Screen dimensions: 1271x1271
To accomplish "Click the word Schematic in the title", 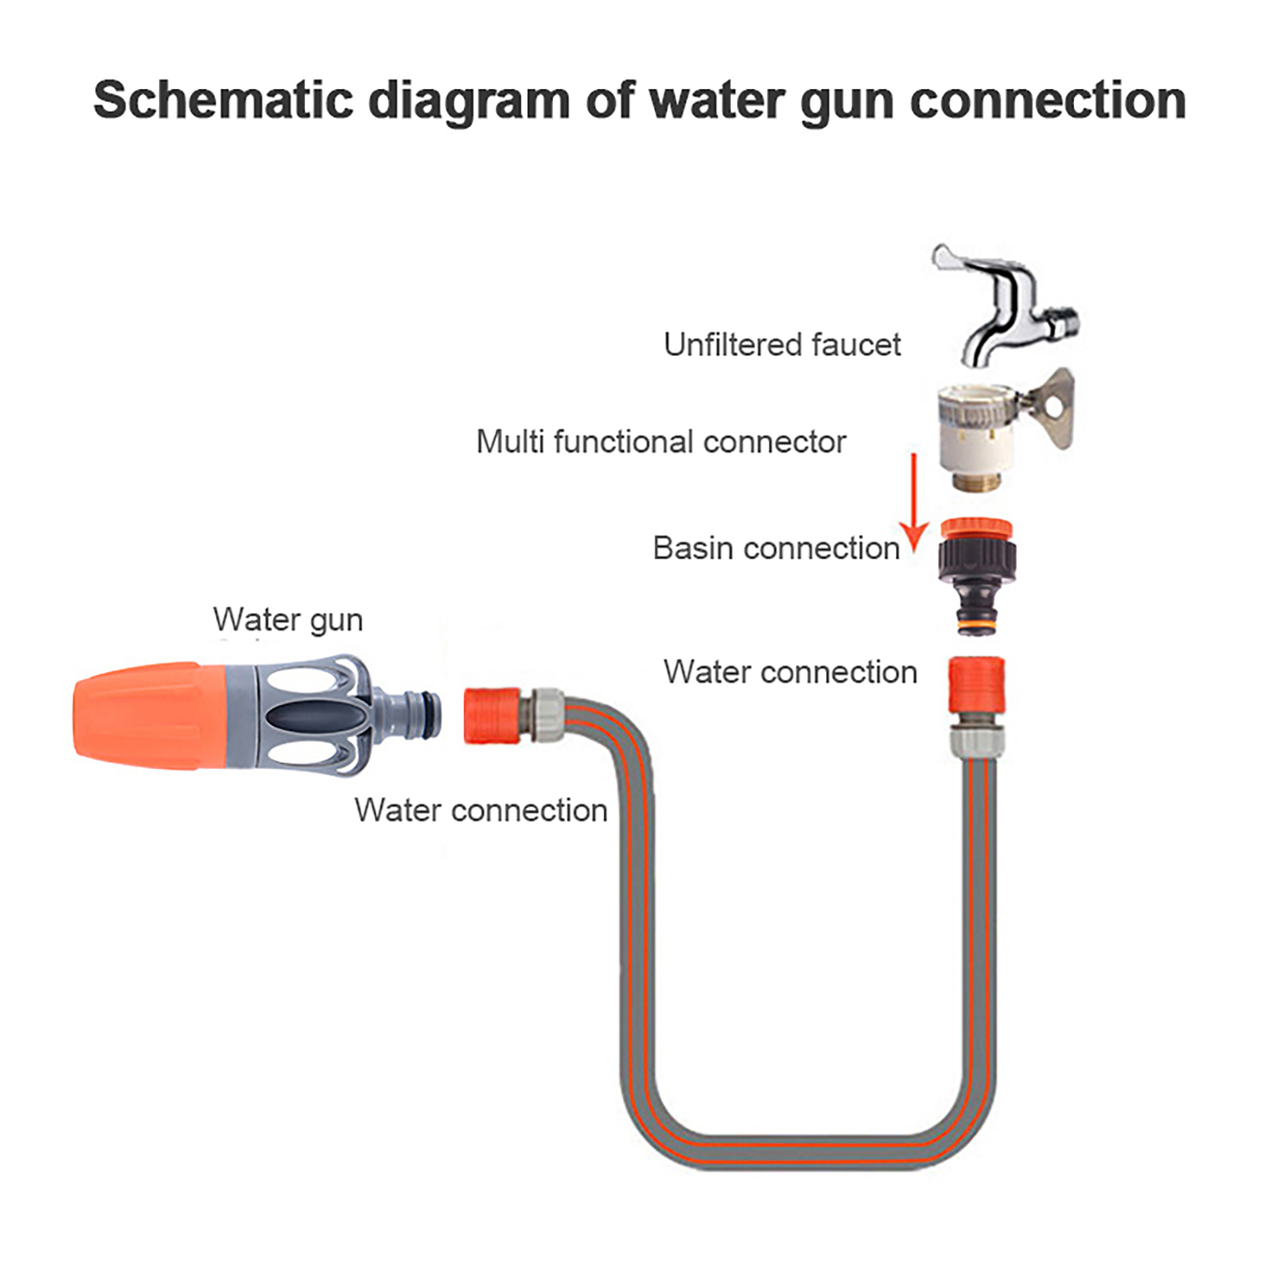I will pyautogui.click(x=223, y=100).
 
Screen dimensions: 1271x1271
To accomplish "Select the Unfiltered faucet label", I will pyautogui.click(x=782, y=345).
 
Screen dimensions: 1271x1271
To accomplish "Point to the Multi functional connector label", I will pyautogui.click(x=661, y=442).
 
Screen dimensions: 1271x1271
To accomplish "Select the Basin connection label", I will pyautogui.click(x=776, y=548).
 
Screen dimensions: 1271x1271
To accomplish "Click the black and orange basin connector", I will pyautogui.click(x=976, y=572).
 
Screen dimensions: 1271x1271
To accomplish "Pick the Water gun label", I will pyautogui.click(x=288, y=620).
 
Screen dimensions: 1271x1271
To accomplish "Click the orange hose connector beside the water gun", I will pyautogui.click(x=493, y=716).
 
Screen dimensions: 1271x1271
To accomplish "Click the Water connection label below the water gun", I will pyautogui.click(x=481, y=810).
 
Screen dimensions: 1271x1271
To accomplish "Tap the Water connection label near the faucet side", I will pyautogui.click(x=790, y=672).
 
